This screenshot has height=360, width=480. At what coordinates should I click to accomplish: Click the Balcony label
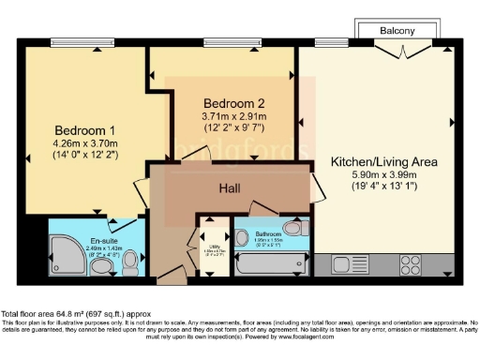click(x=397, y=31)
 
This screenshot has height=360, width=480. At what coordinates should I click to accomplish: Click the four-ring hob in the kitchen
click(x=409, y=263)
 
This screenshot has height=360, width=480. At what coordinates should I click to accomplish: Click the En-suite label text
click(x=101, y=241)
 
